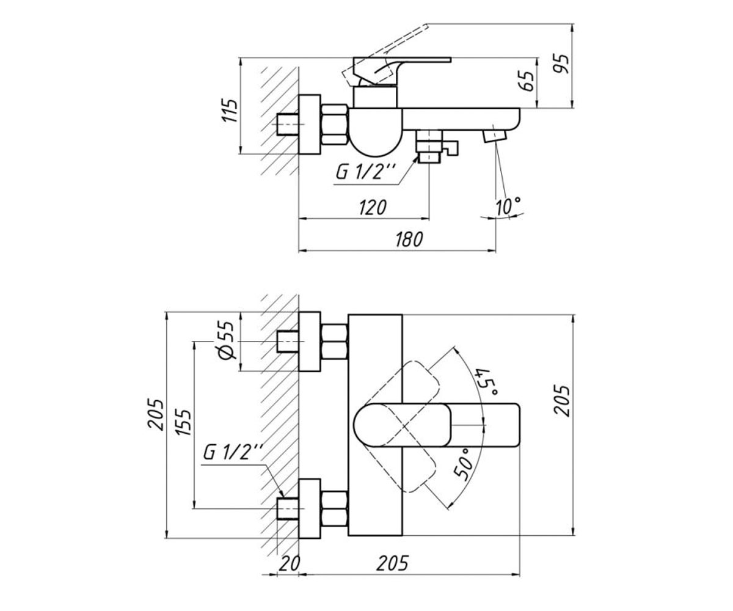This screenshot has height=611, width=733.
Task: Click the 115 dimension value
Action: [x=230, y=110]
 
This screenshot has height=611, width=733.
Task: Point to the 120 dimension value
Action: [x=373, y=208]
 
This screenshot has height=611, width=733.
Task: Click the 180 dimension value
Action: [x=409, y=240]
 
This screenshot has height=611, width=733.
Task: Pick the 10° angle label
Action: [x=508, y=206]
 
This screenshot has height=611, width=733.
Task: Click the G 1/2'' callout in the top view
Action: [x=366, y=172]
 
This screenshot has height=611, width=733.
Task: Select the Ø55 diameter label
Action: [x=227, y=340]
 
